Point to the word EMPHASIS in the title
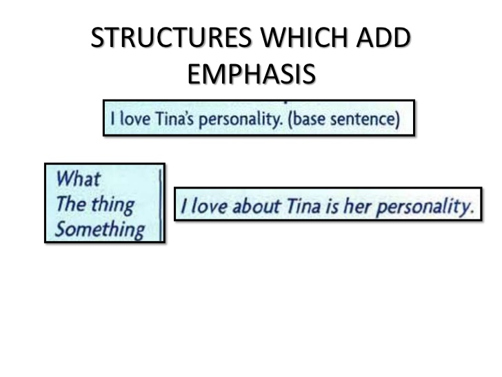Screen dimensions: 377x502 (x=252, y=75)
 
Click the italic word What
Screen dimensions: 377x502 (x=77, y=179)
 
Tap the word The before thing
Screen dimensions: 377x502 (x=70, y=204)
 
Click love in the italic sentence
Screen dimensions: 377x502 (x=207, y=205)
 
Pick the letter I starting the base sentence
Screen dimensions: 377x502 (x=112, y=118)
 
